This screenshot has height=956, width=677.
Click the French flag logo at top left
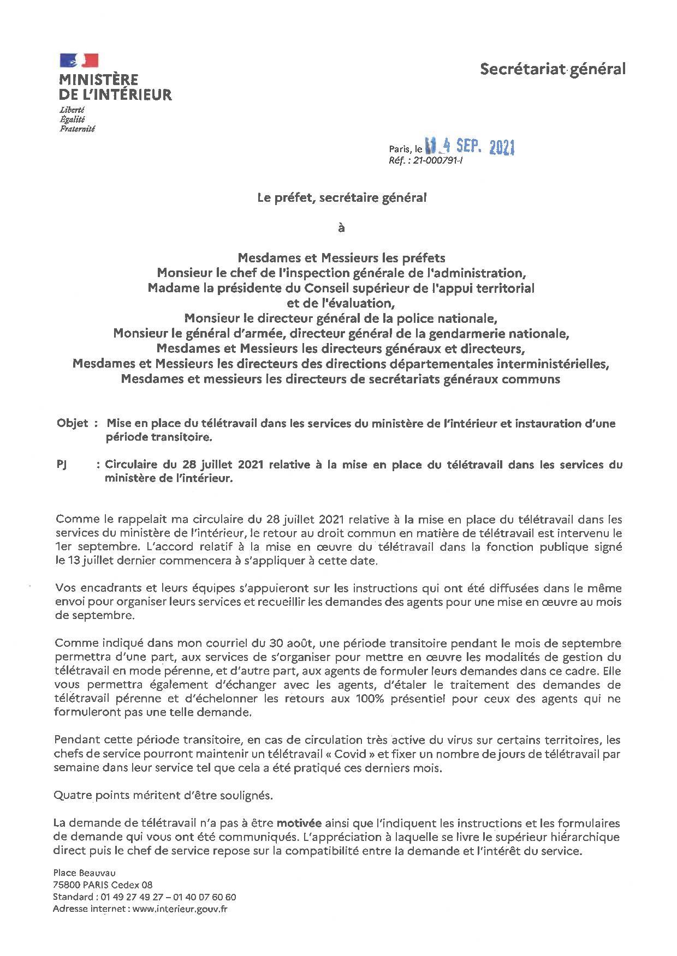[x=79, y=61]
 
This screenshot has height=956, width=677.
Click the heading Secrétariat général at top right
[x=553, y=69]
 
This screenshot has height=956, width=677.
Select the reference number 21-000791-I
[x=437, y=161]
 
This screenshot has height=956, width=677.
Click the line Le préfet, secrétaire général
[x=342, y=199]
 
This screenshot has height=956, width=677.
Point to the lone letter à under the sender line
[x=342, y=229]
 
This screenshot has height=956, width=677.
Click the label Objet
[x=73, y=423]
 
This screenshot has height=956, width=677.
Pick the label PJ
[x=62, y=465]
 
